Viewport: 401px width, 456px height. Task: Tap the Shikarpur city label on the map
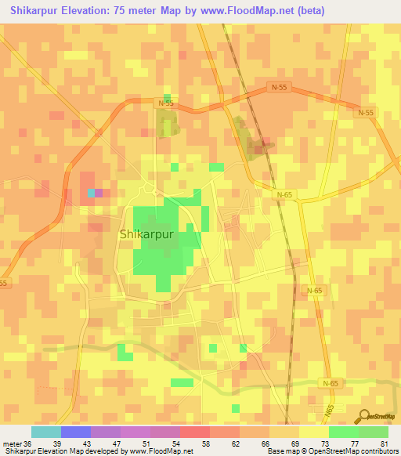click(146, 233)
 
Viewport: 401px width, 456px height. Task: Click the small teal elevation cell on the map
click(91, 193)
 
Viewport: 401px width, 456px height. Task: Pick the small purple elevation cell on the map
click(99, 193)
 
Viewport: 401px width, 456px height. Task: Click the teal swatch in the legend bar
click(46, 432)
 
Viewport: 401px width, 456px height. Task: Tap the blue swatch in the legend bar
click(76, 432)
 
